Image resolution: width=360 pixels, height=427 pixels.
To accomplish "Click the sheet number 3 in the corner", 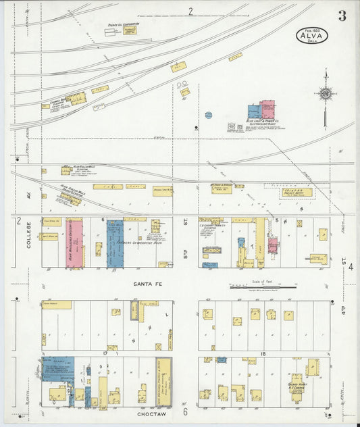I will point(342,16).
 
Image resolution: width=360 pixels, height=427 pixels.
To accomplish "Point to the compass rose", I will point(326,94).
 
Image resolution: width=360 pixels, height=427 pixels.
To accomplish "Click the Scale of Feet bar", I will point(263,287).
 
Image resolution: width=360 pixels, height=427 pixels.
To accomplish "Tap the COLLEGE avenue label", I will point(29,236).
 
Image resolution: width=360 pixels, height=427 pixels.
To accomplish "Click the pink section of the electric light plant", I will point(267,109).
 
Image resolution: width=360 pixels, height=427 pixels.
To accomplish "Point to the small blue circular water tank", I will point(208,116).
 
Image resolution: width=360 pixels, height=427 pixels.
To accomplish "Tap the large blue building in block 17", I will point(58,369).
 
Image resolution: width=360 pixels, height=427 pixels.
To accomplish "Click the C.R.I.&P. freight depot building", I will point(297,192).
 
